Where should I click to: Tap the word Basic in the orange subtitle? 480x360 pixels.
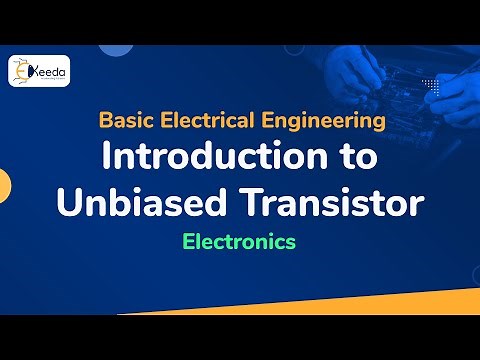coord(124,122)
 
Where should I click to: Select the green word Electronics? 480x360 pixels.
coord(239,241)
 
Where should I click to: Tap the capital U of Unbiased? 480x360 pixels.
coord(70,202)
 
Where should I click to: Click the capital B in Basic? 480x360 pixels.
coord(105,122)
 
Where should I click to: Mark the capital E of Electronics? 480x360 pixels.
coord(188,241)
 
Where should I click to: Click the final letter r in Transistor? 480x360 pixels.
coord(417,204)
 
